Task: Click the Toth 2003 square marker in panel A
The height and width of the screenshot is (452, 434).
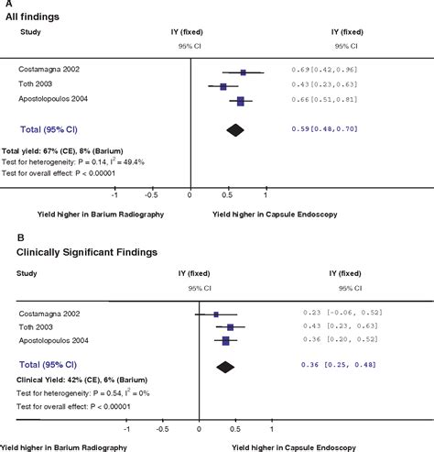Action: pyautogui.click(x=222, y=87)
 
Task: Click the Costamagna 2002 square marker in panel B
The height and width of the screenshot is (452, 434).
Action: pyautogui.click(x=216, y=314)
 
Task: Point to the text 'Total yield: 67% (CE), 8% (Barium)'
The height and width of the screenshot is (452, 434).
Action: pyautogui.click(x=62, y=149)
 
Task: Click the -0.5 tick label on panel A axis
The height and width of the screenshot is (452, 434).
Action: pyautogui.click(x=151, y=195)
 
